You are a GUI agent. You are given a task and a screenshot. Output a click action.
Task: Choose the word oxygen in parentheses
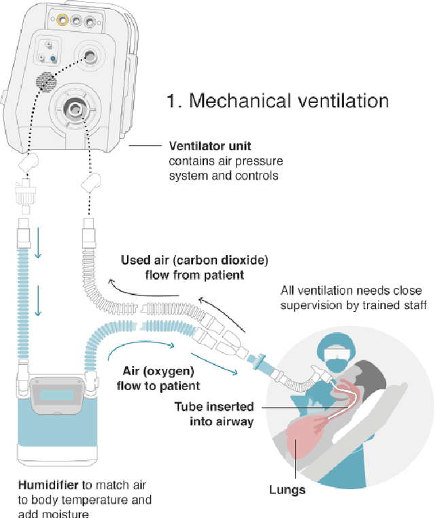click(x=175, y=372)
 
